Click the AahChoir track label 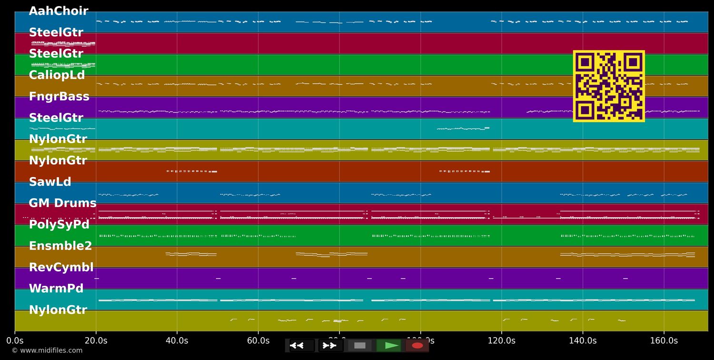[x=59, y=11]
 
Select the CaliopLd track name [x=57, y=75]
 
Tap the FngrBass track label [x=59, y=97]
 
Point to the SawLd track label [x=50, y=182]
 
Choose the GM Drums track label [x=62, y=203]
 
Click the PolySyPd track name [x=59, y=225]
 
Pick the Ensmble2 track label [x=60, y=246]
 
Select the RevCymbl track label [x=61, y=268]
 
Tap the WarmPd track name [x=56, y=289]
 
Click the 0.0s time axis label [x=15, y=341]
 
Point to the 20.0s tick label [x=96, y=341]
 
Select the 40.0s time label [x=177, y=341]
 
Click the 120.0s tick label [x=501, y=341]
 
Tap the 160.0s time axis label [x=664, y=341]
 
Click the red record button [x=417, y=346]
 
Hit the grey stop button [x=360, y=346]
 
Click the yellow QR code [x=609, y=86]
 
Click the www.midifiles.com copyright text [x=47, y=350]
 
